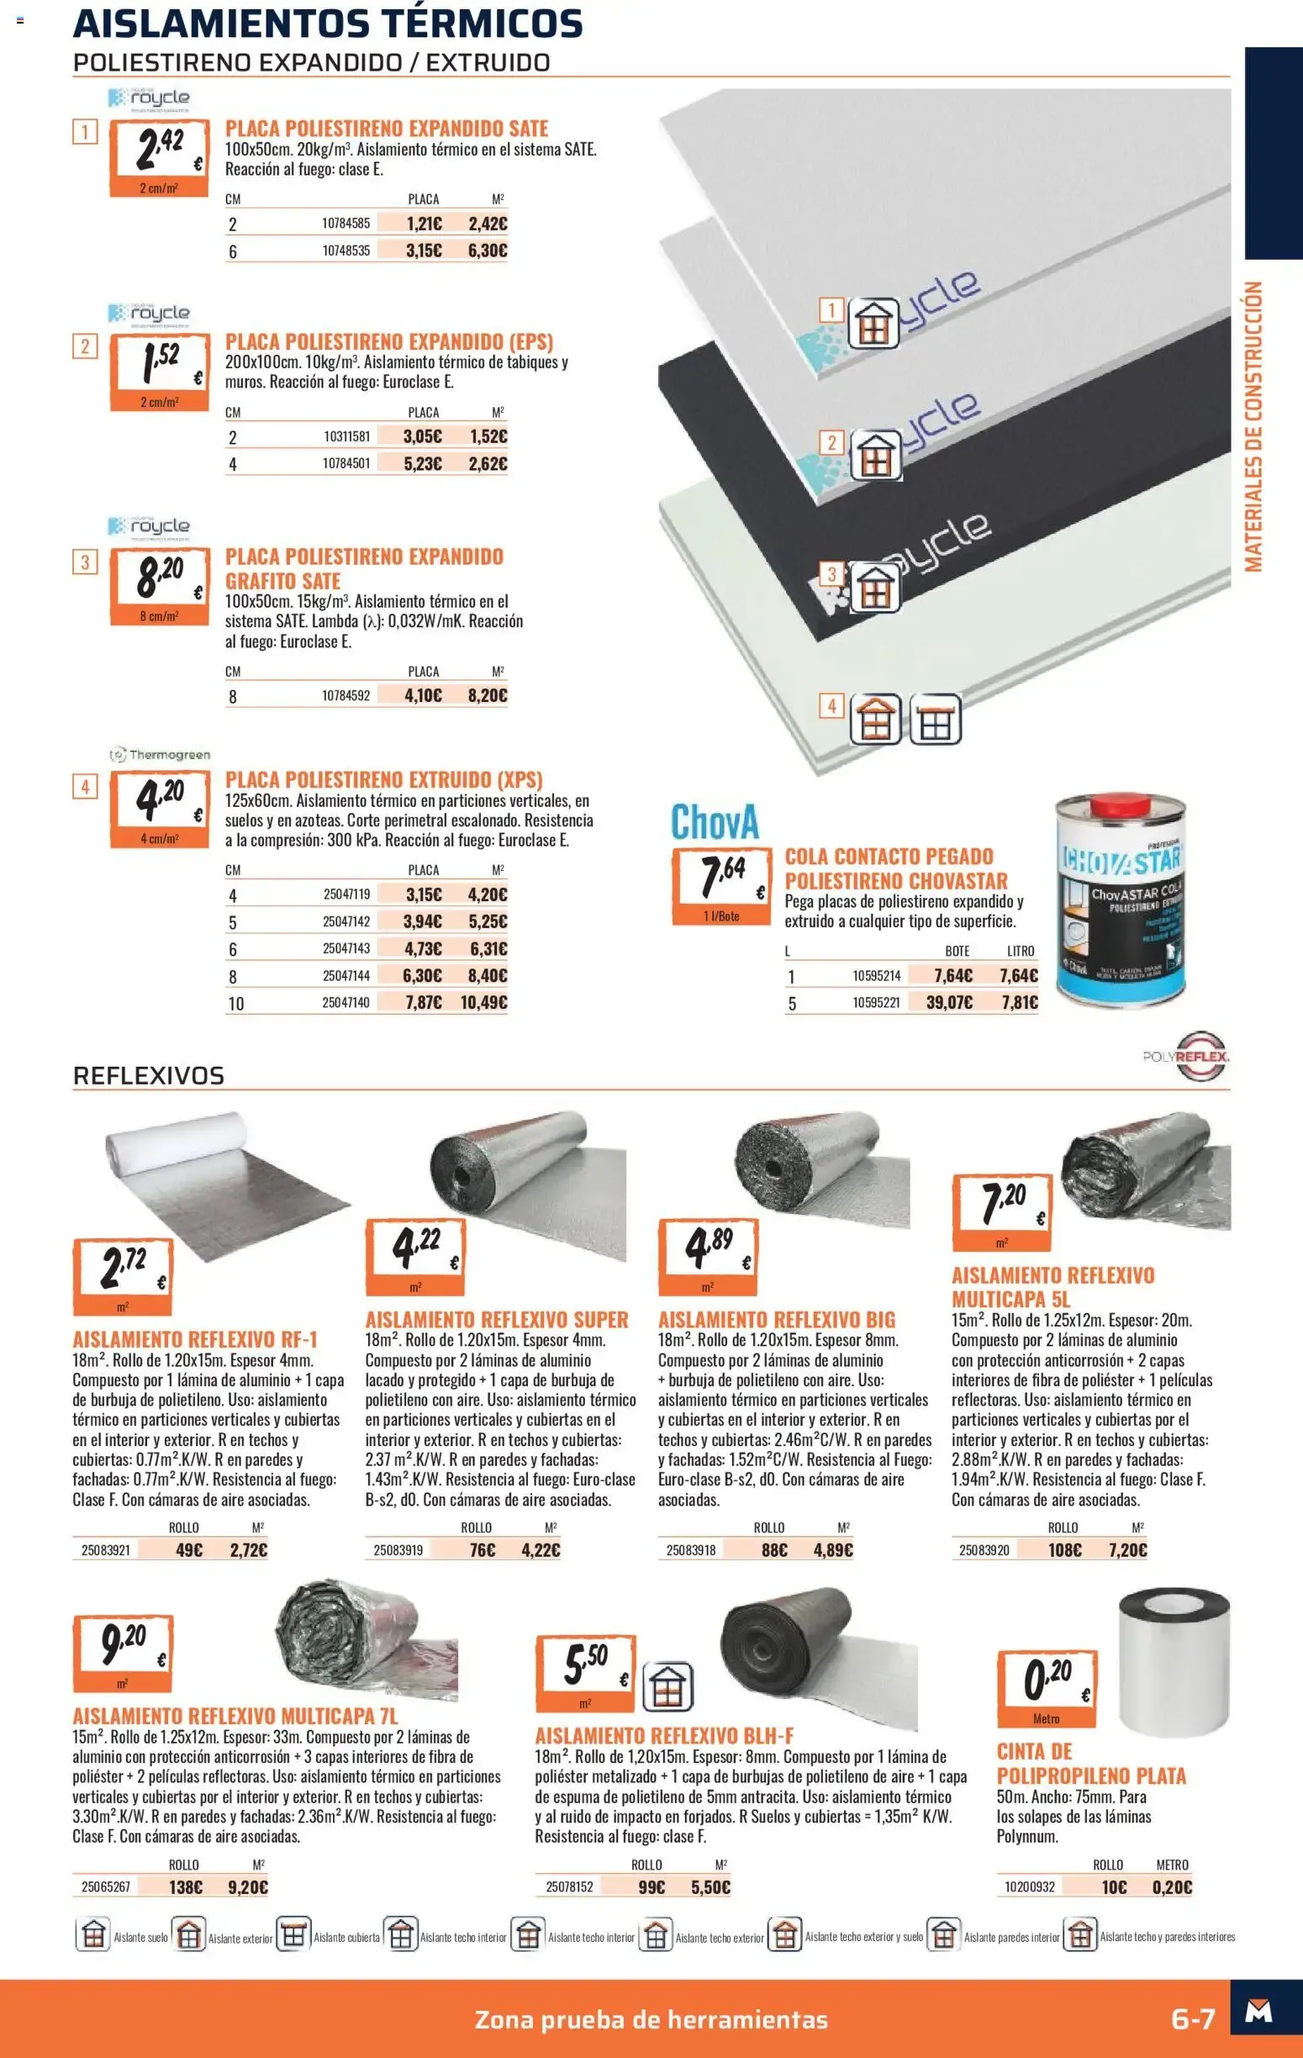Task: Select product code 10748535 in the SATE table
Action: [x=346, y=251]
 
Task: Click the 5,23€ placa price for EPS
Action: [x=423, y=464]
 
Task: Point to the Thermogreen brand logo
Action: [x=160, y=755]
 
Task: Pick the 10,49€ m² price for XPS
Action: [x=483, y=1002]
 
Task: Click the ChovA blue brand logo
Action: [x=715, y=822]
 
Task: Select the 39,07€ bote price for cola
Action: [x=949, y=1002]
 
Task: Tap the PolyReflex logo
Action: [x=1186, y=1057]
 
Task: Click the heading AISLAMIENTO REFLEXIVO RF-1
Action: [x=195, y=1339]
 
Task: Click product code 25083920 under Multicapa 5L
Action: [x=984, y=1550]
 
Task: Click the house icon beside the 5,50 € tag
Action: [x=667, y=1686]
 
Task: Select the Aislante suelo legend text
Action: [x=141, y=1938]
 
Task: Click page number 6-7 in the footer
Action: [x=1193, y=2019]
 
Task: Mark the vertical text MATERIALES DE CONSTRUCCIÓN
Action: [x=1253, y=426]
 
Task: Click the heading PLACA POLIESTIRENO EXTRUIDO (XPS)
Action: [x=383, y=779]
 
